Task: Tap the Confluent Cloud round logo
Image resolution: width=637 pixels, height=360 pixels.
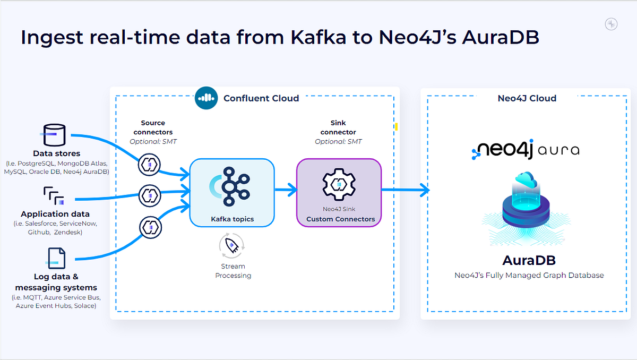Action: (x=206, y=98)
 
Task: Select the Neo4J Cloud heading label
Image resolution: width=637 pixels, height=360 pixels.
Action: (x=527, y=98)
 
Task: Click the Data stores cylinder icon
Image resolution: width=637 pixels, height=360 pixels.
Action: (x=55, y=136)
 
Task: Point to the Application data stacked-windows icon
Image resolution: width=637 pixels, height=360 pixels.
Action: (x=54, y=195)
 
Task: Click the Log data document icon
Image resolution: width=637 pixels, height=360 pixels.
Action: (x=56, y=258)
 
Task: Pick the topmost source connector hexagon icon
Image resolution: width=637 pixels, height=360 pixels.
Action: (x=149, y=165)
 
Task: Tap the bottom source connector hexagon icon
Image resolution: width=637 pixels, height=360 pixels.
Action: (x=149, y=227)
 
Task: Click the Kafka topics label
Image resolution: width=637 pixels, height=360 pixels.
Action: (x=232, y=219)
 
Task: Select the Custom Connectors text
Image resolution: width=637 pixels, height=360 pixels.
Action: (x=340, y=219)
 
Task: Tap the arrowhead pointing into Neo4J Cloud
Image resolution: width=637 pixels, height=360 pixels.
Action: (x=424, y=188)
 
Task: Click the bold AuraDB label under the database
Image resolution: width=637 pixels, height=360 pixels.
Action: (x=529, y=261)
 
